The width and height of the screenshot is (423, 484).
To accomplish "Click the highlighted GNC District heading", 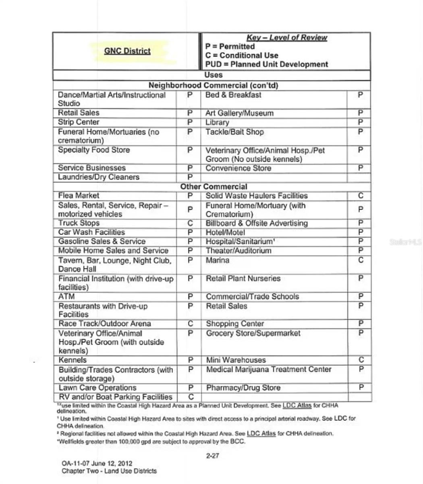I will [x=127, y=51].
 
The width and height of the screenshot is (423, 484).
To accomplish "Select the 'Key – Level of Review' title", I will [x=286, y=38].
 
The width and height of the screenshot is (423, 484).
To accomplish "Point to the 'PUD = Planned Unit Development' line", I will [x=266, y=64].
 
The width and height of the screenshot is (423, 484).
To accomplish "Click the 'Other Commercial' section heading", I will [x=214, y=186].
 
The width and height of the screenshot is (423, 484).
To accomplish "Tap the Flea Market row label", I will [x=79, y=196].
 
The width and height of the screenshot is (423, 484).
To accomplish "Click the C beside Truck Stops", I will [x=191, y=223].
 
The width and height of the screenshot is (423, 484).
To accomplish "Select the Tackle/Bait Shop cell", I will [x=234, y=132].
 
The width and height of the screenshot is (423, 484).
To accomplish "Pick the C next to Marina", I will [x=361, y=260].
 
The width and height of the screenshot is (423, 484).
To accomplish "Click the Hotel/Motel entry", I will [x=225, y=232].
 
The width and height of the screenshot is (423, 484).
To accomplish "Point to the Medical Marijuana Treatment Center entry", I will [x=268, y=369].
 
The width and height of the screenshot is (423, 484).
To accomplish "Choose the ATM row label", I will [x=66, y=296].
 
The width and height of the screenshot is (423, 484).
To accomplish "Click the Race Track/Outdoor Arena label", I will [x=105, y=323].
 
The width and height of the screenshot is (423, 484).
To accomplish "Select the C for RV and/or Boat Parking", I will [x=191, y=397].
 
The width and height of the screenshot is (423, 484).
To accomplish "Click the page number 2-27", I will [x=212, y=456].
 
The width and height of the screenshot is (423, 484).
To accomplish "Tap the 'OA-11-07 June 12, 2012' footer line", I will [x=97, y=463].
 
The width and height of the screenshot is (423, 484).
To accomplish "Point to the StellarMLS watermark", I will [x=405, y=242].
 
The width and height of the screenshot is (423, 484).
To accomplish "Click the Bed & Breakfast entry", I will [x=233, y=95].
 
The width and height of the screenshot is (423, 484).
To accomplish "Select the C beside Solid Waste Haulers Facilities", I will [x=361, y=196].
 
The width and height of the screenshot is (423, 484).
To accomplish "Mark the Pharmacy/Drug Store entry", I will [x=243, y=388].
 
